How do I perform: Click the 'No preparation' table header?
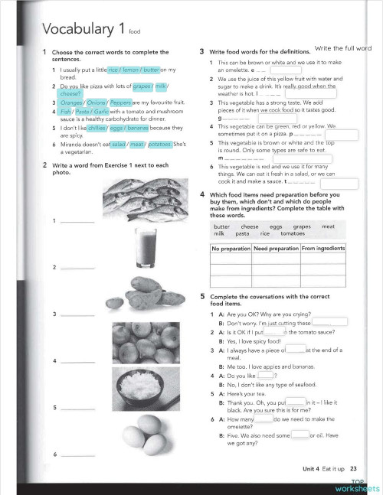[x=231, y=249]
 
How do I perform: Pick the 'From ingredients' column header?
[x=323, y=249]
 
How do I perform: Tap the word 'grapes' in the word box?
[x=303, y=226]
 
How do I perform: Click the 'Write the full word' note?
[x=342, y=48]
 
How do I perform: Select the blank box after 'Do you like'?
[x=267, y=375]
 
